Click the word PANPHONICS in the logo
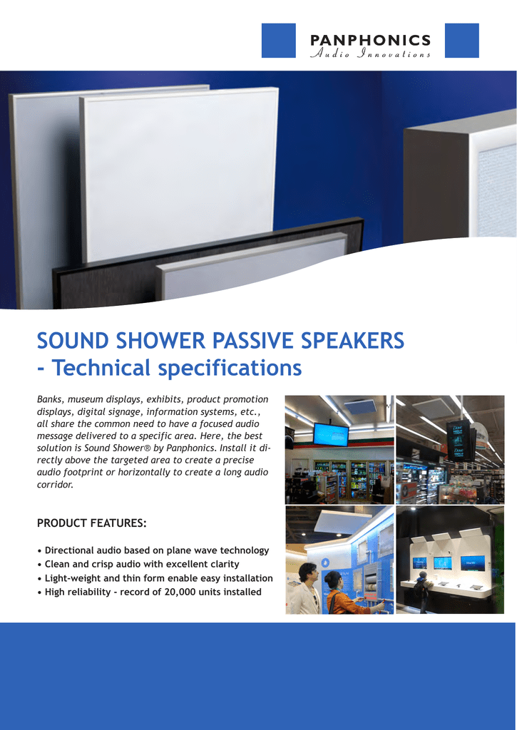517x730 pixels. pyautogui.click(x=370, y=40)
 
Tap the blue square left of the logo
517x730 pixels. pyautogui.click(x=278, y=40)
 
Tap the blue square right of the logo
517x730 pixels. pyautogui.click(x=461, y=40)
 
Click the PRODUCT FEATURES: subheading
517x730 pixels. pyautogui.click(x=91, y=524)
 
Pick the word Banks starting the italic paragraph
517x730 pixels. pyautogui.click(x=49, y=399)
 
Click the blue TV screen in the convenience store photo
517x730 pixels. pyautogui.click(x=331, y=433)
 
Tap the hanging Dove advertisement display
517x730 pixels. pyautogui.click(x=457, y=440)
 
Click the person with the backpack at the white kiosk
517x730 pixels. pyautogui.click(x=421, y=589)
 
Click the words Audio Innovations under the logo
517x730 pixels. pyautogui.click(x=370, y=54)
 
